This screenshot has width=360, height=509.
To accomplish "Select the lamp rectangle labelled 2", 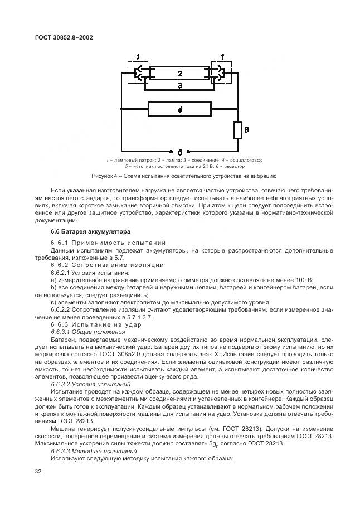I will point(179,74).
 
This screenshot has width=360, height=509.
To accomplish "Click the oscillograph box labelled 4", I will point(179,110).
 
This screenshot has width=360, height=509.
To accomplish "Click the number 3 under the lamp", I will point(179,85).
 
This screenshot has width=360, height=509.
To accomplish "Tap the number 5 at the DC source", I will point(179,152).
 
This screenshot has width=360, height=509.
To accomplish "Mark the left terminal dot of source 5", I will point(171,151).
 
